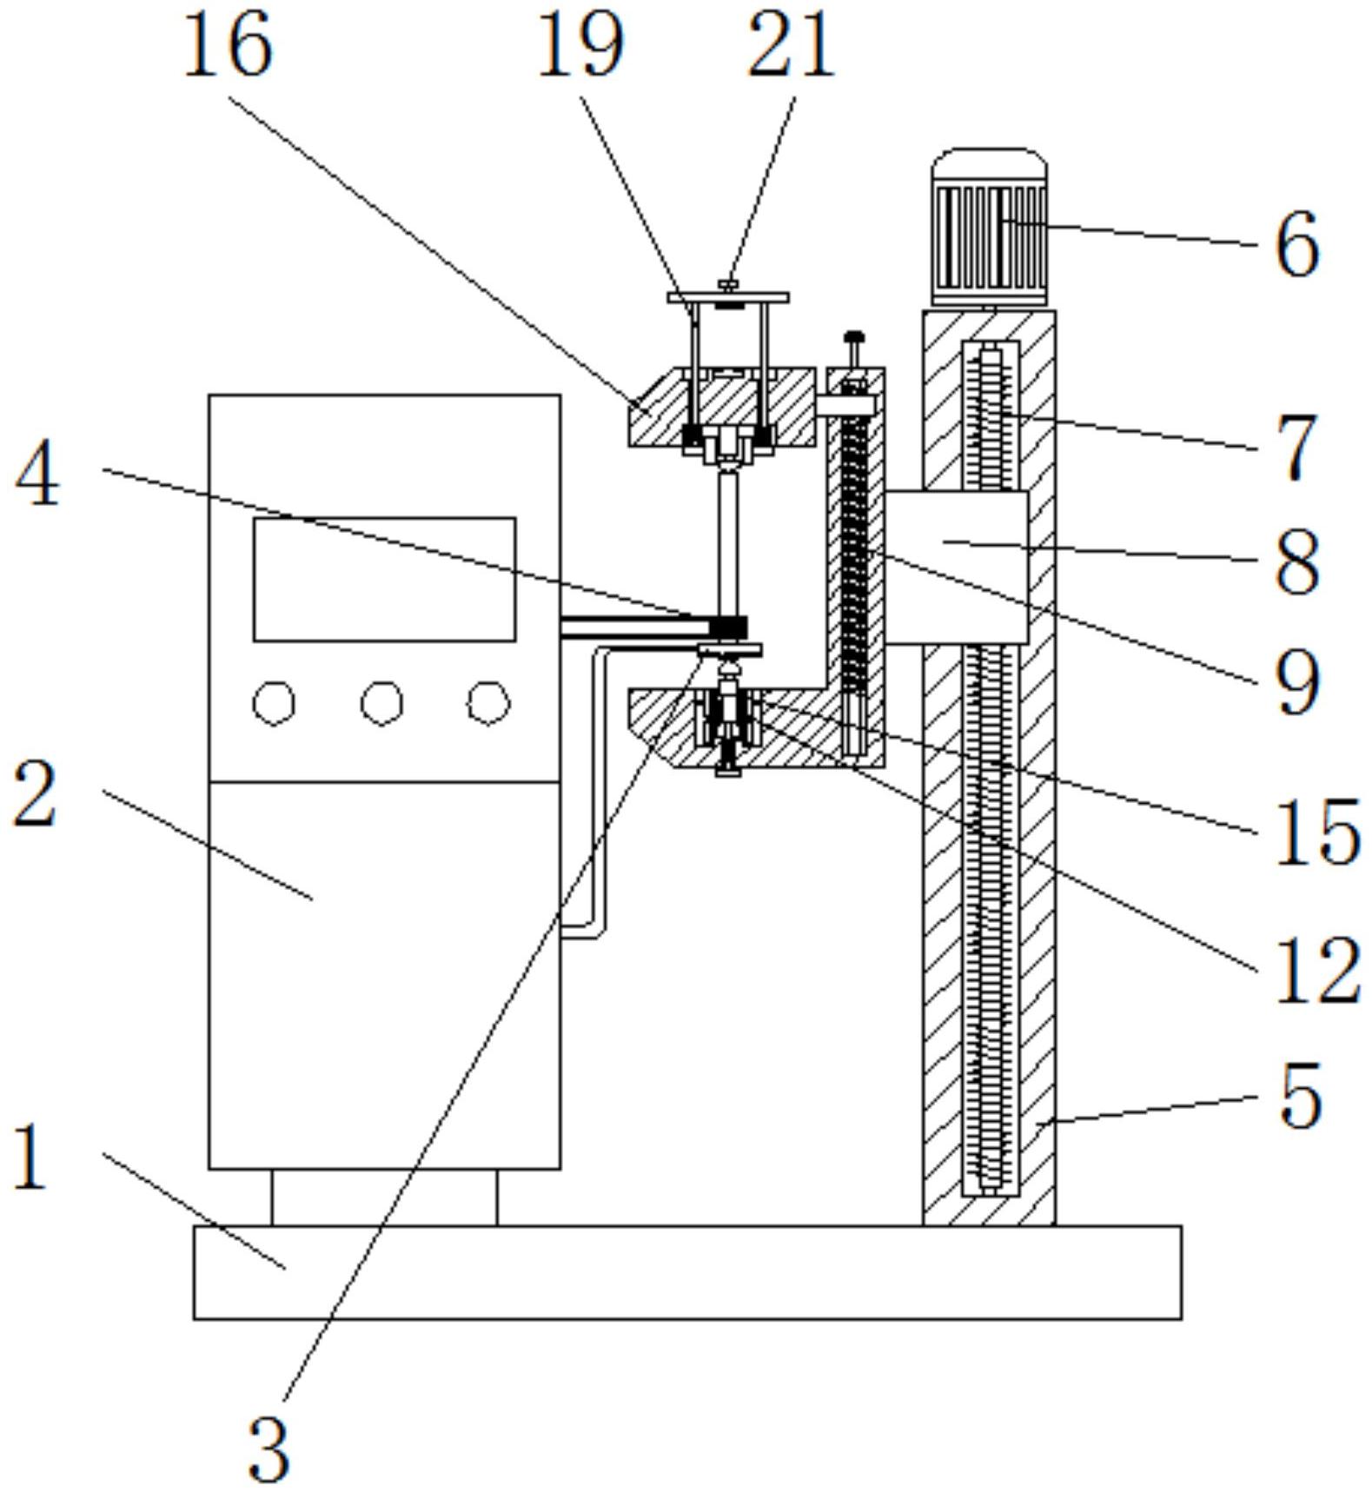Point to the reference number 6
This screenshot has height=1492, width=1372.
click(1296, 246)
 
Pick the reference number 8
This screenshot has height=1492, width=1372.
click(1296, 564)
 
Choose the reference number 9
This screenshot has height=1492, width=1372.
click(1296, 684)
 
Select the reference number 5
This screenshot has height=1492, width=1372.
click(1300, 1097)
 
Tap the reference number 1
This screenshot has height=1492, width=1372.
click(30, 1157)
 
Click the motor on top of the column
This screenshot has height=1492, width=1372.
click(989, 229)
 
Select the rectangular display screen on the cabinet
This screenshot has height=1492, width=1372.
click(384, 579)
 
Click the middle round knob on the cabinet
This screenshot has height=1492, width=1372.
click(382, 702)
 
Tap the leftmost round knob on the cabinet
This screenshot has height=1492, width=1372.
click(274, 702)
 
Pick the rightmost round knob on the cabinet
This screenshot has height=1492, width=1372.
click(488, 702)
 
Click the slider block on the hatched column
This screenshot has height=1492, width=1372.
click(956, 567)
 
